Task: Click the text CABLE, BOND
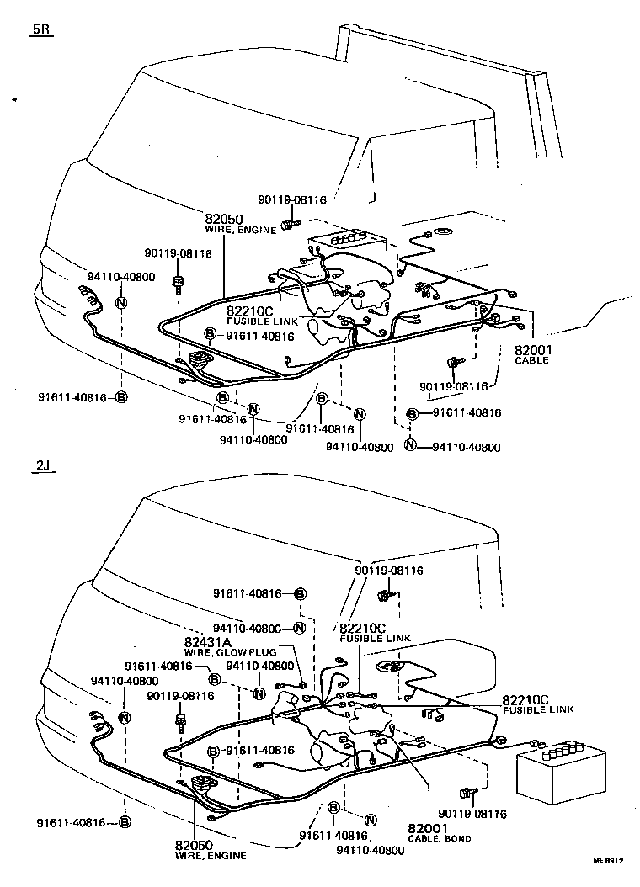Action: (x=439, y=839)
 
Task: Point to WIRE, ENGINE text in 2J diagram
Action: (x=211, y=856)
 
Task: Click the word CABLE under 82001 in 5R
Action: (x=531, y=360)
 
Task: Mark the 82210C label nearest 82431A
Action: (x=363, y=628)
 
